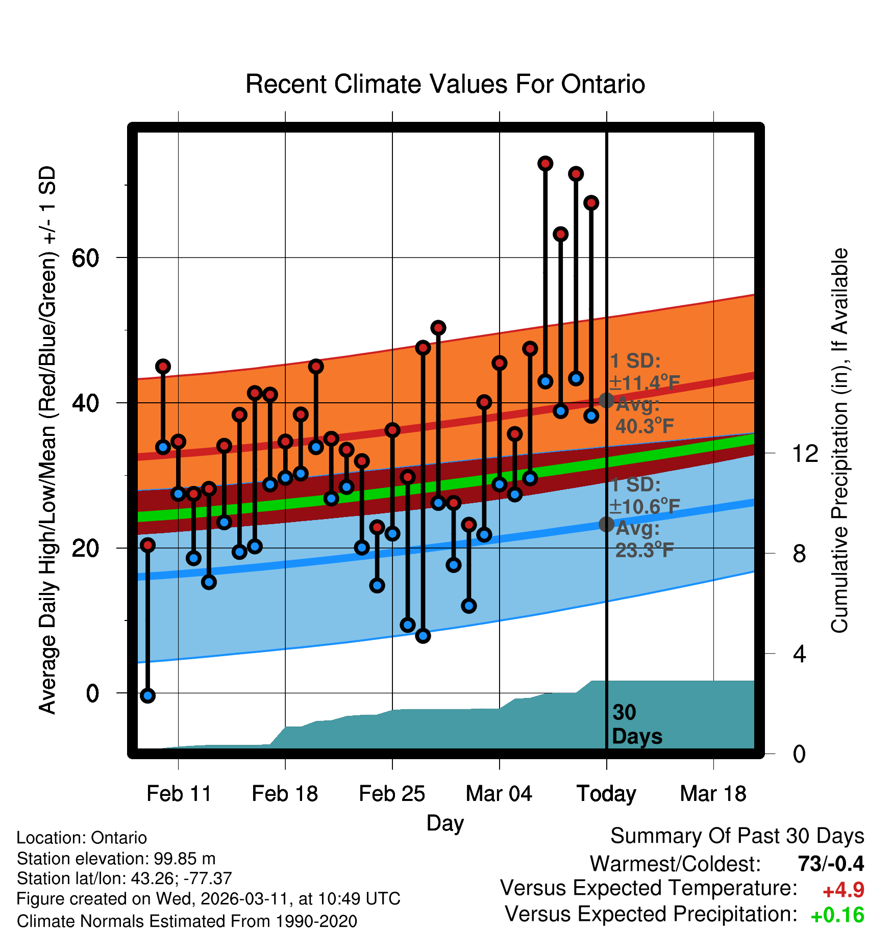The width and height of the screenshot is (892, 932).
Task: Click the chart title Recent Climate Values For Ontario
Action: click(445, 84)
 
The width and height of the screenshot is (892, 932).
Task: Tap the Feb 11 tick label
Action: click(179, 794)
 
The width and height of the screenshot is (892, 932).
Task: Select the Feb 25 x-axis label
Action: click(392, 794)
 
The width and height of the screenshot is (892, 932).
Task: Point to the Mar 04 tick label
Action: click(499, 794)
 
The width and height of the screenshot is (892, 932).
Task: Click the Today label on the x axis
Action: click(606, 794)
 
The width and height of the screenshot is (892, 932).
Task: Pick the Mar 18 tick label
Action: click(713, 794)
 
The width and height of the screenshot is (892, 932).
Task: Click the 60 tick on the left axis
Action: click(85, 258)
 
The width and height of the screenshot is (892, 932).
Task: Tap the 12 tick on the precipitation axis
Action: click(805, 453)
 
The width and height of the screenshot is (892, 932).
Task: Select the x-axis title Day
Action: click(445, 823)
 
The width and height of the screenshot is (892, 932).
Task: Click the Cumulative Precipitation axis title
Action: click(839, 441)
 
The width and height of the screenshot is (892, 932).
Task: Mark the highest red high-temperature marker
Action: click(546, 164)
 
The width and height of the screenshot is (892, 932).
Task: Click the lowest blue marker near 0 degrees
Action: click(147, 695)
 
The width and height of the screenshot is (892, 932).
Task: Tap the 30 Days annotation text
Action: click(636, 724)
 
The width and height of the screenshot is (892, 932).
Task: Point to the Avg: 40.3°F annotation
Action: click(644, 416)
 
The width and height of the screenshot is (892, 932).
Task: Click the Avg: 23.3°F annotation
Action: click(644, 539)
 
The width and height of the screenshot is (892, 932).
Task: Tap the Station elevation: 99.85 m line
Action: click(116, 859)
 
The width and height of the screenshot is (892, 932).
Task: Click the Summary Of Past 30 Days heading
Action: click(737, 836)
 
